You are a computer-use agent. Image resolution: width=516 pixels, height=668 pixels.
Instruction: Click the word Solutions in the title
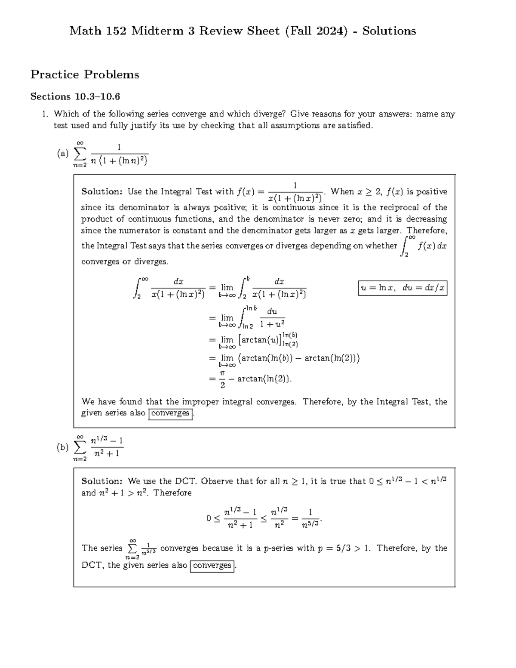(389, 31)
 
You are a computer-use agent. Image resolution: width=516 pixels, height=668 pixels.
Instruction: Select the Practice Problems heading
(85, 74)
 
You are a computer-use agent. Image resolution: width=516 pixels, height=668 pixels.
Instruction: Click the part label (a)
(63, 154)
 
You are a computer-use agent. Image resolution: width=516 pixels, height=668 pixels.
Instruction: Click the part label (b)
(63, 447)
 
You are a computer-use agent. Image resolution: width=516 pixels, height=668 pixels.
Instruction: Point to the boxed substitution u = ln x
(402, 288)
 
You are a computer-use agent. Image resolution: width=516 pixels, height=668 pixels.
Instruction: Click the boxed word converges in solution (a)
(170, 413)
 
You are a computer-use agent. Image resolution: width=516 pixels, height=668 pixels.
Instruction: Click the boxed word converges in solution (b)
(212, 565)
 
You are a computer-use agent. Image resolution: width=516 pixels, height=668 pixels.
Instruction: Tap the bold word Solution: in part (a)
(102, 192)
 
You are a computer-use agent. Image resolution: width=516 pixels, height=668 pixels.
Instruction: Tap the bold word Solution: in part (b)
(102, 481)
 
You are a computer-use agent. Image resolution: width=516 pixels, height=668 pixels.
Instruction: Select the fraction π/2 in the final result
(222, 379)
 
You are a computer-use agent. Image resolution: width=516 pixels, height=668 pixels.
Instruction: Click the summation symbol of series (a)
(80, 154)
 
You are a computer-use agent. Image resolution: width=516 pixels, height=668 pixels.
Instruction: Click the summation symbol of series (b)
(80, 448)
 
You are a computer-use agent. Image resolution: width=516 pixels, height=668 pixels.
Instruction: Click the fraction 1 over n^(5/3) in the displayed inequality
(310, 518)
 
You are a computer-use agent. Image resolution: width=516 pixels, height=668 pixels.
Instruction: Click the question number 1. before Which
(44, 114)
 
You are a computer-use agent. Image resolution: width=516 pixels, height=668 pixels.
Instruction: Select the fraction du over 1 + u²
(272, 317)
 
